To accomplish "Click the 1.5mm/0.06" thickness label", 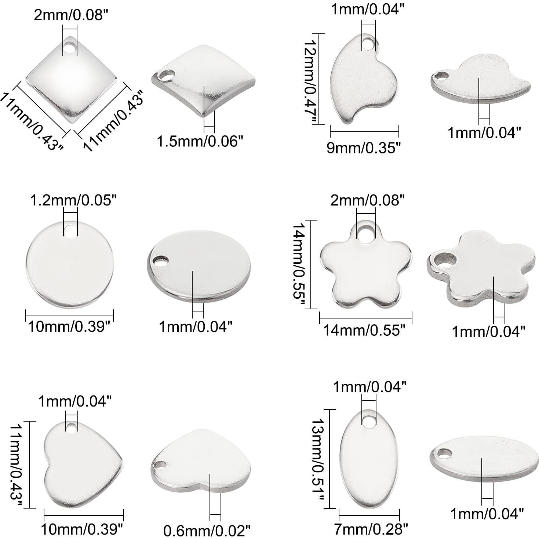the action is [200, 142].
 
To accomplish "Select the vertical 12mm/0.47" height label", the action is [311, 81].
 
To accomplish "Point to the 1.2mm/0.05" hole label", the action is [73, 200].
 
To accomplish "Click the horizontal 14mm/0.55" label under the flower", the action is [364, 330].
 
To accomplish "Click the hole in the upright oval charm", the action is [369, 420].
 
